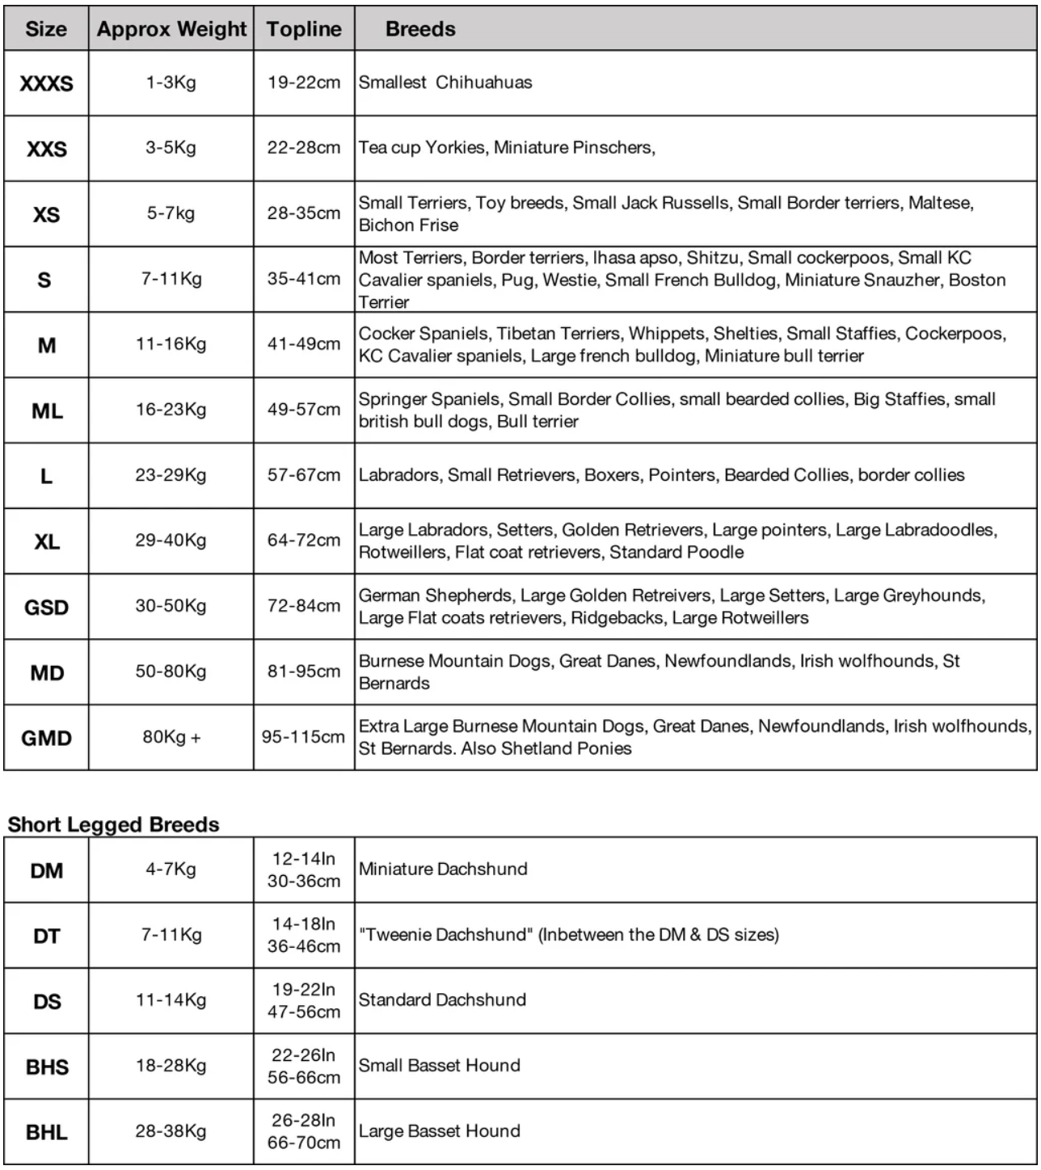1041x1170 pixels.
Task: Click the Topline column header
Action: (x=304, y=29)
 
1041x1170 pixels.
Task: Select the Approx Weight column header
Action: (x=171, y=29)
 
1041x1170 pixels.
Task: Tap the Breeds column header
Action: (x=420, y=29)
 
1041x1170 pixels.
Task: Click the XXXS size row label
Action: (x=46, y=83)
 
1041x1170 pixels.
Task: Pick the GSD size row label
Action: (x=46, y=607)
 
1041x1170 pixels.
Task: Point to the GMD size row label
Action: (x=46, y=738)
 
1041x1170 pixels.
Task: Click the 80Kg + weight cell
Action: (x=171, y=737)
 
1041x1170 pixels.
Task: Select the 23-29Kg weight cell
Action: (x=171, y=475)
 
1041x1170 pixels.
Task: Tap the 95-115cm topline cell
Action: (x=303, y=737)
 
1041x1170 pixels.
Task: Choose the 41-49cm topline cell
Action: (x=304, y=344)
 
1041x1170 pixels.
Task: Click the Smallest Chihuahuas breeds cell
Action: (x=445, y=82)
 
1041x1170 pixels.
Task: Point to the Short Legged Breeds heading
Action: (x=114, y=824)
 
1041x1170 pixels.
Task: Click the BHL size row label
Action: (x=46, y=1132)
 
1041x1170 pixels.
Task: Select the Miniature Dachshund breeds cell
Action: (x=443, y=869)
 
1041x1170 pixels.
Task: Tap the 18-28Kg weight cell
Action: (x=171, y=1066)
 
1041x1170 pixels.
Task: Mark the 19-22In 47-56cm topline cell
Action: (x=304, y=1000)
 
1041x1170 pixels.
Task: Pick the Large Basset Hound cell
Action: (x=440, y=1131)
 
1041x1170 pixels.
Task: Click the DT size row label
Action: (x=46, y=936)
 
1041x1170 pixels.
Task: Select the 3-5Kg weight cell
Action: (x=171, y=148)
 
